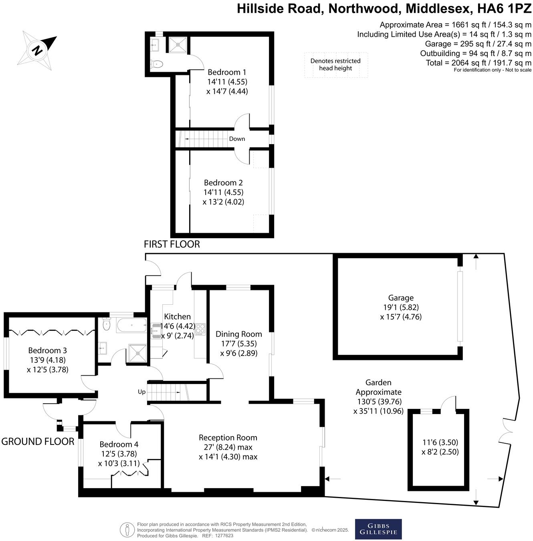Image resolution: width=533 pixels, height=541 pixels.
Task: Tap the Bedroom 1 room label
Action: pyautogui.click(x=227, y=72)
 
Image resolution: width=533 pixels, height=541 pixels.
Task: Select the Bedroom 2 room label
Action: pyautogui.click(x=223, y=183)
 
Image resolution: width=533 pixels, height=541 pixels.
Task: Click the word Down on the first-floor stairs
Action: pyautogui.click(x=237, y=139)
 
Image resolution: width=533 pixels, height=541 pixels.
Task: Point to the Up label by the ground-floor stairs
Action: pyautogui.click(x=141, y=392)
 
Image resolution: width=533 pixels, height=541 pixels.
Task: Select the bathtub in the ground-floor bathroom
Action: pyautogui.click(x=131, y=325)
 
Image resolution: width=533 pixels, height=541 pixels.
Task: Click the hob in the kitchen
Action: pyautogui.click(x=200, y=329)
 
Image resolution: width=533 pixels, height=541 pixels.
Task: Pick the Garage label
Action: pyautogui.click(x=401, y=298)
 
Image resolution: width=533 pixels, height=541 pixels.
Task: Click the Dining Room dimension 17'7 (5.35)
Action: pyautogui.click(x=239, y=344)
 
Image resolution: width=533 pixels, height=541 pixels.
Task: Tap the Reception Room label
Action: pyautogui.click(x=228, y=438)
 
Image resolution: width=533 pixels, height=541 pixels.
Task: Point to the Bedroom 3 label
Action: pyautogui.click(x=47, y=351)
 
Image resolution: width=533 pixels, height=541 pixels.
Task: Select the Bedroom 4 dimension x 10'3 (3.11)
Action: pyautogui.click(x=119, y=464)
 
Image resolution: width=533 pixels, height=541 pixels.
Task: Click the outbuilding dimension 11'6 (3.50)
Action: pyautogui.click(x=440, y=442)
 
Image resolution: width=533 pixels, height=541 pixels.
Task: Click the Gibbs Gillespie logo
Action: pyautogui.click(x=378, y=529)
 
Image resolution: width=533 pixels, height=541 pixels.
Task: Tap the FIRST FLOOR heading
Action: pyautogui.click(x=172, y=244)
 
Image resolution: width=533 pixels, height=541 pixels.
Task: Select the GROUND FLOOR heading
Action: pyautogui.click(x=38, y=442)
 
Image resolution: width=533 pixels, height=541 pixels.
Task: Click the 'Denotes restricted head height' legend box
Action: pyautogui.click(x=336, y=65)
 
